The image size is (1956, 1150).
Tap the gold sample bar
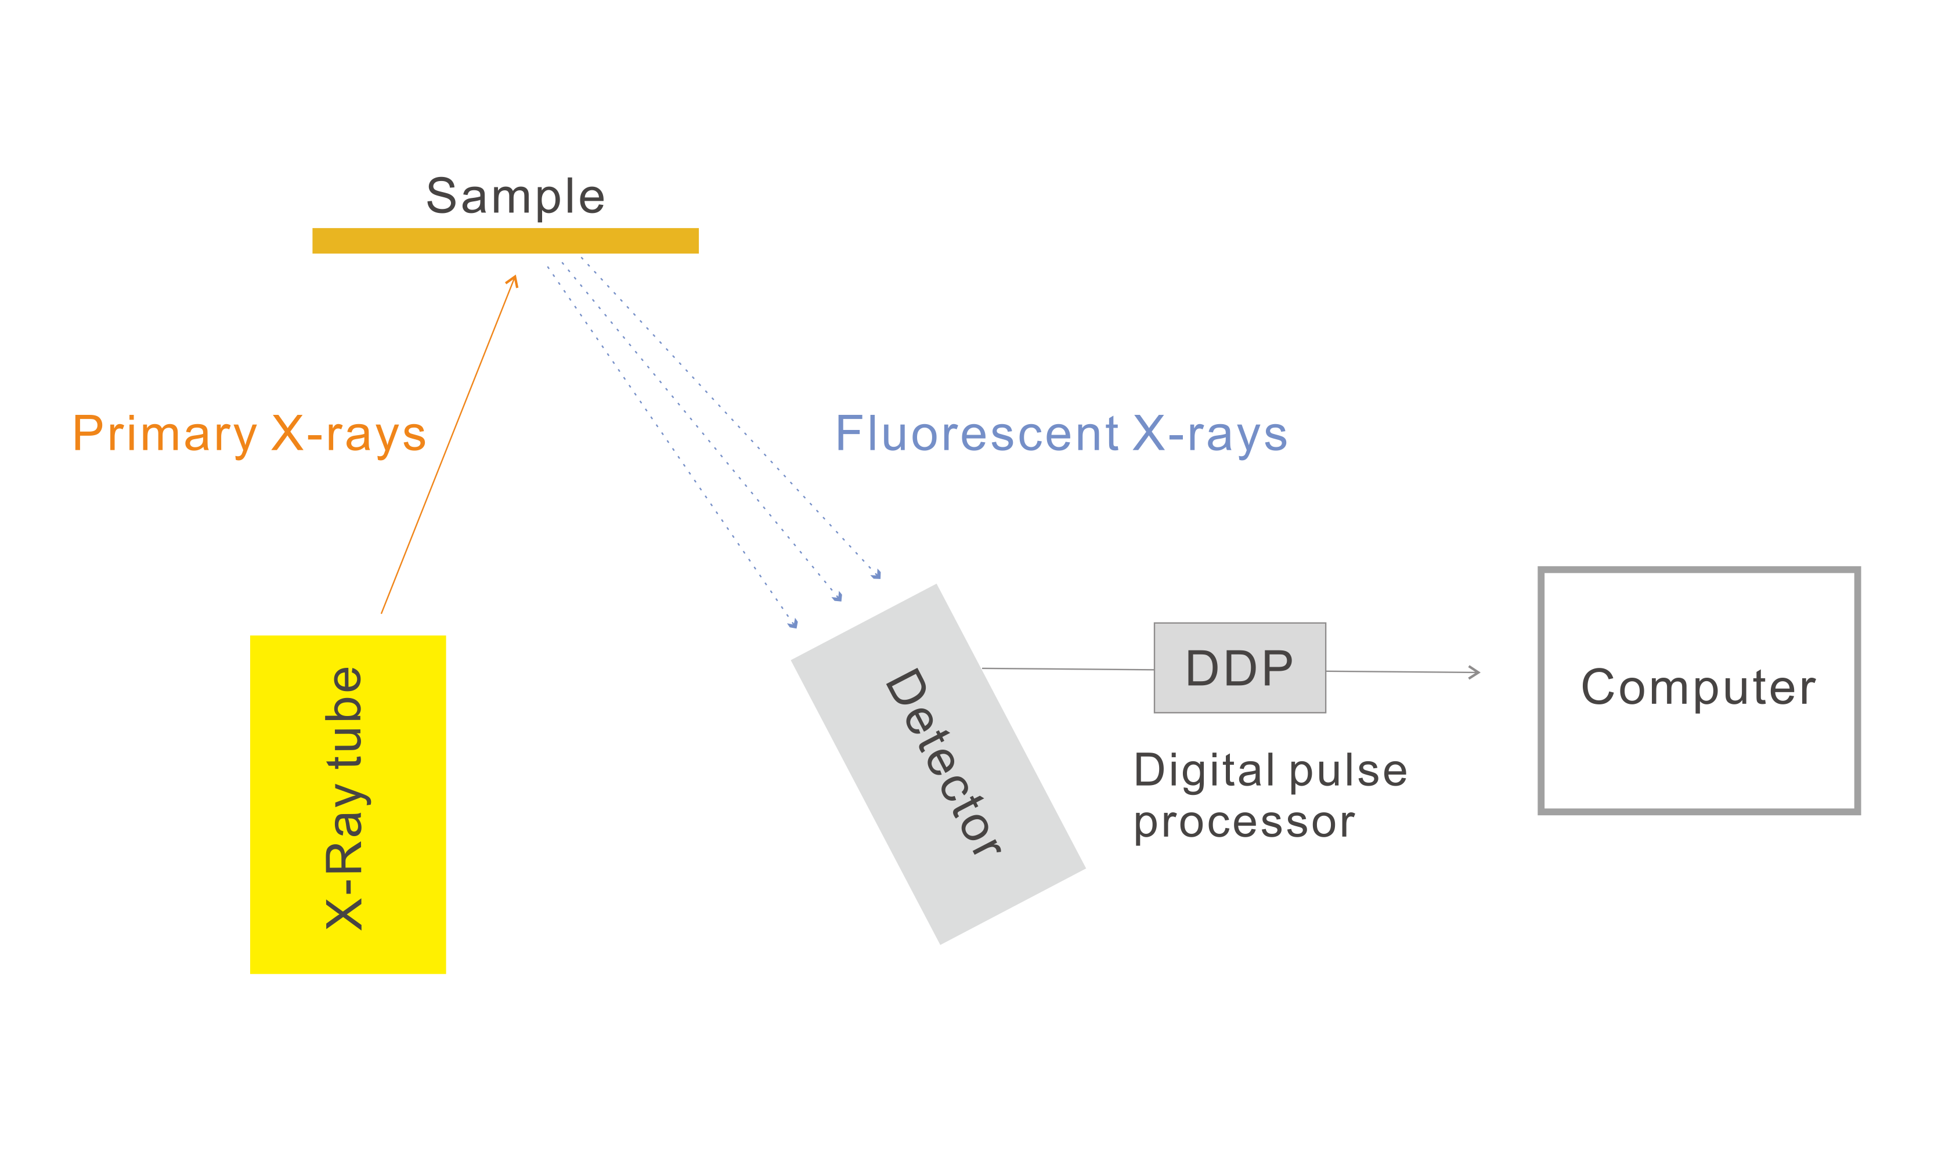(506, 241)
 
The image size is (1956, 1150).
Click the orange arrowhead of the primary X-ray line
(513, 281)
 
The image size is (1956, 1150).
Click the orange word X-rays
(348, 435)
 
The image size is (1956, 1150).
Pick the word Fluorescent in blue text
(976, 435)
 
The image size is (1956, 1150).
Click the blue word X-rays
(1210, 435)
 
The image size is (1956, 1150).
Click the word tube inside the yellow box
(344, 718)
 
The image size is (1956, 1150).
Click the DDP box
(1240, 668)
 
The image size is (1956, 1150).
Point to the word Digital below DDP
(1204, 771)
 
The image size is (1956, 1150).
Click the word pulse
(1348, 771)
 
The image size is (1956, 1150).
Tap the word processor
(1244, 823)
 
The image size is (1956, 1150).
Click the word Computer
(1698, 688)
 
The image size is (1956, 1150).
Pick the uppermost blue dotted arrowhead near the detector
(877, 575)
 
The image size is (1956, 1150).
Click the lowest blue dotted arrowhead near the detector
(793, 624)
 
